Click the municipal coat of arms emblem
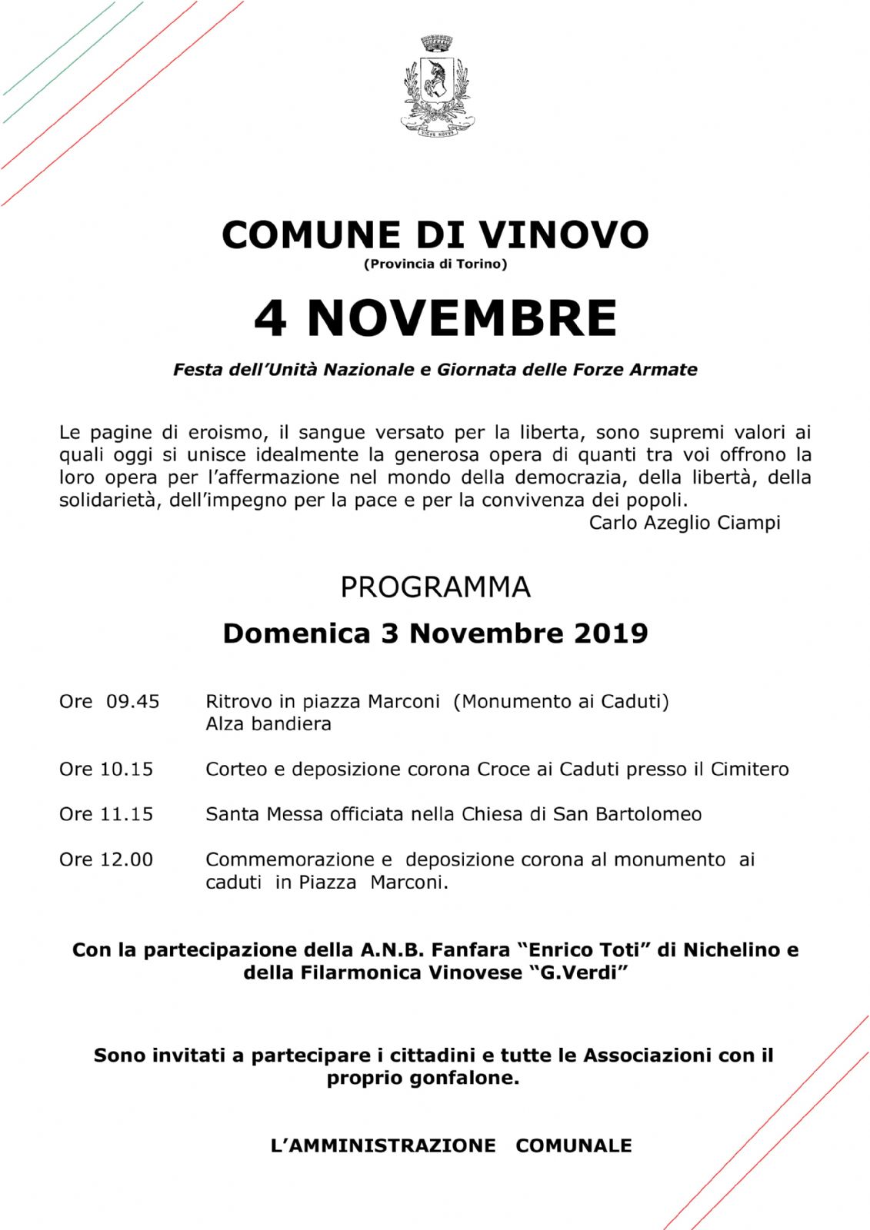[437, 85]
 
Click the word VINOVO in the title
[564, 234]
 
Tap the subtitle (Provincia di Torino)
[435, 264]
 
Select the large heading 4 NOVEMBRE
[435, 317]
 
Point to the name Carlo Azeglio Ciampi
[685, 523]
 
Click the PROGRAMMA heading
[435, 587]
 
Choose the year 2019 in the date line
[611, 633]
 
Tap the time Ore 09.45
[109, 701]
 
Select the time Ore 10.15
[106, 769]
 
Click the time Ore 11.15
[106, 814]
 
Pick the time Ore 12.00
[106, 859]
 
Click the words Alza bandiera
[268, 724]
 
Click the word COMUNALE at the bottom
[574, 1145]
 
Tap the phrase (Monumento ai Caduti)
[562, 701]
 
